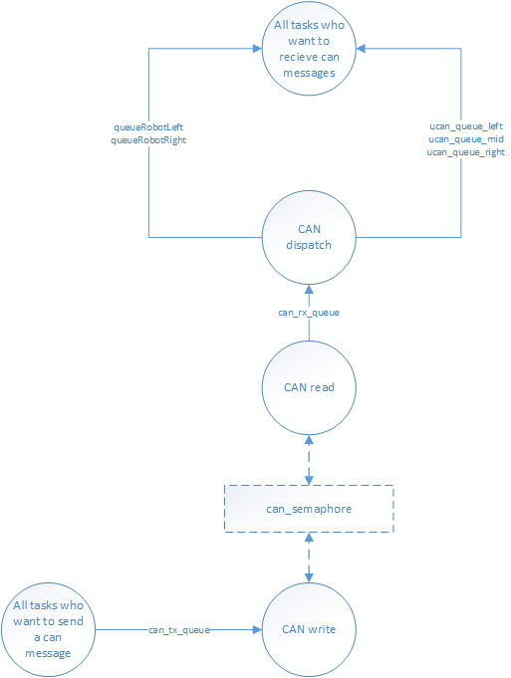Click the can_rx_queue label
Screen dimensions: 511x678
point(309,313)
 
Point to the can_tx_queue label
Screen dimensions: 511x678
point(179,630)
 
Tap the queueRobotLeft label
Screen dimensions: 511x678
point(148,127)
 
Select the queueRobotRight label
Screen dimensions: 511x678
point(148,140)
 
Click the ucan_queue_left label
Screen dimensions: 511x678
point(466,126)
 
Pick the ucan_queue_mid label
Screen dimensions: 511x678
point(466,139)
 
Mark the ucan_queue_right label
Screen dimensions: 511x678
point(466,152)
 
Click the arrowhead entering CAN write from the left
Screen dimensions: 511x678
point(257,629)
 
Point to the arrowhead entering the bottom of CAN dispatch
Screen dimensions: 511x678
point(309,290)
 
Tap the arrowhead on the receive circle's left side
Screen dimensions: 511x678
point(257,49)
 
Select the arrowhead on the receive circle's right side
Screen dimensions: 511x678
point(361,49)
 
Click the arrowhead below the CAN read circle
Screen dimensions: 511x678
point(309,440)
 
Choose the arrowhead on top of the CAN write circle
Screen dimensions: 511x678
point(309,577)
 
